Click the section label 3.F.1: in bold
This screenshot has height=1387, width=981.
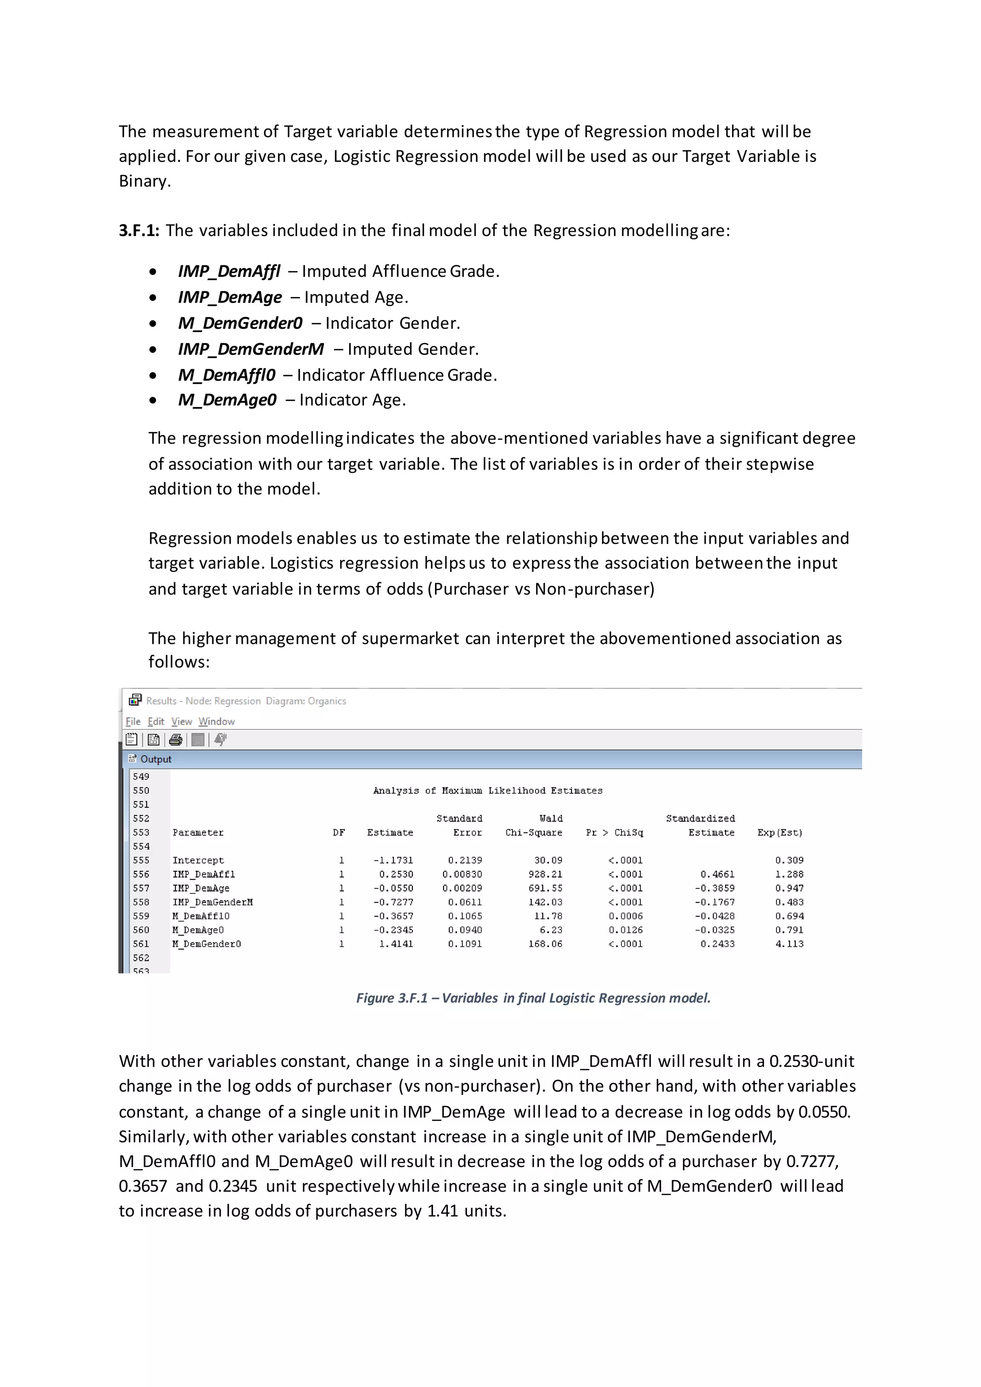pos(139,231)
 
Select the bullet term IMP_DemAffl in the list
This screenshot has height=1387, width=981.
pos(229,271)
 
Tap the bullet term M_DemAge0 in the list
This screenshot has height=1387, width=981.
pos(227,400)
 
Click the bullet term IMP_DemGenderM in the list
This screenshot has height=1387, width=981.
pos(251,349)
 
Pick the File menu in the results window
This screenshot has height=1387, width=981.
pos(133,721)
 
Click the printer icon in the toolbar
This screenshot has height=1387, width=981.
pos(176,739)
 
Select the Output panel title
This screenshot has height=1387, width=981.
pos(156,759)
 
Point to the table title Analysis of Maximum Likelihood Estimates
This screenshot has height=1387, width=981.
pos(488,790)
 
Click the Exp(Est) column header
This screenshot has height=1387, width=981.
pos(780,832)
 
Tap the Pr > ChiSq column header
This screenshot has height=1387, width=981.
pos(615,832)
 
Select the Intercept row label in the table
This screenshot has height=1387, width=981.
pos(198,860)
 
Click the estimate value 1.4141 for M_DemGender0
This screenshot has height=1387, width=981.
pos(396,944)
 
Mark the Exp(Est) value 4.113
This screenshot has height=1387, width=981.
pos(789,944)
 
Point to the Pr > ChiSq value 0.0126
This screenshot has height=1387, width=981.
pos(625,930)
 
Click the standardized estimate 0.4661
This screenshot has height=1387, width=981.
pos(717,874)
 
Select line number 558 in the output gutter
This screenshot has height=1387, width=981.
pos(141,902)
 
